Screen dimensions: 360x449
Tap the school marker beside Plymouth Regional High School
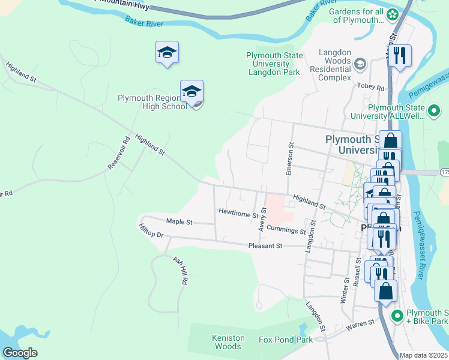pos(191,92)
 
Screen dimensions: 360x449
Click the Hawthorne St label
pos(238,212)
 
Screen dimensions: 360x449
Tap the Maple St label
pos(179,222)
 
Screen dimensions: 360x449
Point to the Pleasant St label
pos(265,246)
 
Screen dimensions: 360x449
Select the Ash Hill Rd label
pos(181,271)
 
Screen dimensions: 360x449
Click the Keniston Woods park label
pos(229,342)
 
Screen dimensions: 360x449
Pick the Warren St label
pos(360,326)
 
